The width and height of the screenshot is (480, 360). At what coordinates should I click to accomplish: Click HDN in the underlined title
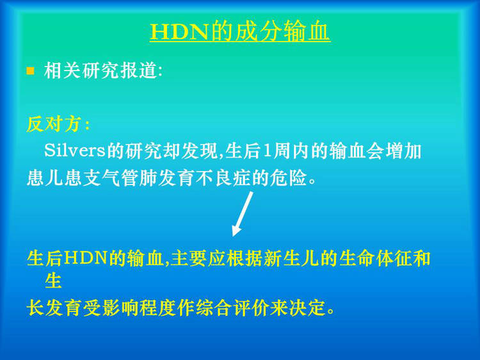(179, 31)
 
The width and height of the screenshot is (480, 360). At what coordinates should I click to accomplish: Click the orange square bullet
(30, 71)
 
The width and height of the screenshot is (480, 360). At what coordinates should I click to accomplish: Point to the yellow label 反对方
(54, 124)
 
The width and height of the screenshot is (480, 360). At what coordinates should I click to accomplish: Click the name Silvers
(75, 151)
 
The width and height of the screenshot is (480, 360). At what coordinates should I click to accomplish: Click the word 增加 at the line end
(403, 151)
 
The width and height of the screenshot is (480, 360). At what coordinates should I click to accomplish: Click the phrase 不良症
(223, 178)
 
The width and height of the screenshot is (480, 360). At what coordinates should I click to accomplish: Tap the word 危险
(289, 178)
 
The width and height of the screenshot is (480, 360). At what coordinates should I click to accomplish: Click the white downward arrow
(243, 214)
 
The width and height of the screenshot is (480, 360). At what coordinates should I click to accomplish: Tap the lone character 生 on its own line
(53, 281)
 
